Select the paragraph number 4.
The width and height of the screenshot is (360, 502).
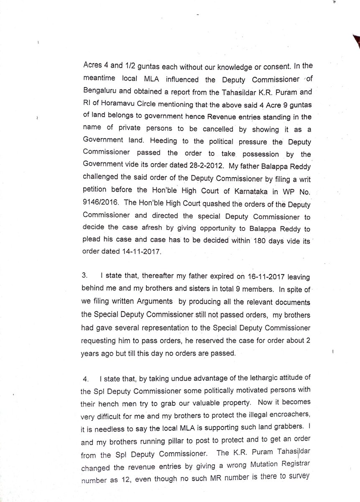tap(85, 380)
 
